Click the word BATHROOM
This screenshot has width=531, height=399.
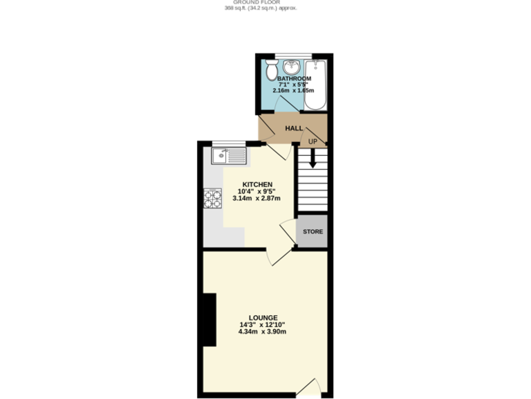click(x=294, y=79)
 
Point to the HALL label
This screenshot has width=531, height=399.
click(x=295, y=128)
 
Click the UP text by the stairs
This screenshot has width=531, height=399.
click(x=313, y=142)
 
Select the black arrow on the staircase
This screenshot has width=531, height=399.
click(x=313, y=159)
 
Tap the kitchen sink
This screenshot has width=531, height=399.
click(x=228, y=156)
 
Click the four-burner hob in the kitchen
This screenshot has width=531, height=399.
click(x=212, y=199)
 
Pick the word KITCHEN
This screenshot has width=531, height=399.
click(x=252, y=184)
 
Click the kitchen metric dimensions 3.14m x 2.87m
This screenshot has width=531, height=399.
click(x=252, y=198)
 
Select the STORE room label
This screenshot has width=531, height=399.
click(x=312, y=231)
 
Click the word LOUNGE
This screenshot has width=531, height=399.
click(x=263, y=317)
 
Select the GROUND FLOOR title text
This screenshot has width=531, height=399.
click(x=265, y=2)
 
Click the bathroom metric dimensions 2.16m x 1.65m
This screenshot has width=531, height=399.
click(x=294, y=91)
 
